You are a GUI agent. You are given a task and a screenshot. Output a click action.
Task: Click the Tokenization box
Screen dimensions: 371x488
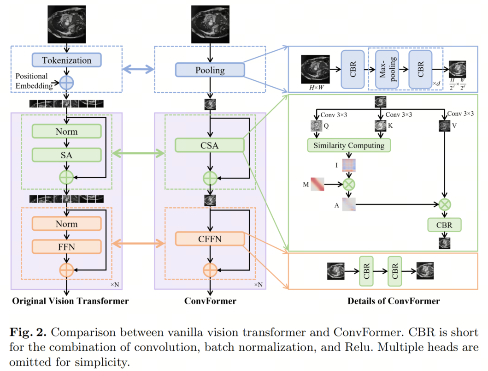pos(67,60)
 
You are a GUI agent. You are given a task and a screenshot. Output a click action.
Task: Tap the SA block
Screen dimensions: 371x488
pos(67,155)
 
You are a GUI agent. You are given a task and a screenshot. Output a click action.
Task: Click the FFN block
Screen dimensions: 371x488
pos(67,247)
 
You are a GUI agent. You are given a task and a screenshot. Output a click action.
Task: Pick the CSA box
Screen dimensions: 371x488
pos(210,146)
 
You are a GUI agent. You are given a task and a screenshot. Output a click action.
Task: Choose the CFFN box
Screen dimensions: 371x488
pos(210,239)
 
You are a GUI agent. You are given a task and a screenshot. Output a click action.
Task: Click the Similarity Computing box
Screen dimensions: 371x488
pos(349,145)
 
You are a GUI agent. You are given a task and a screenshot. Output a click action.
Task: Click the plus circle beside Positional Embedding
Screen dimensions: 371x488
pos(67,83)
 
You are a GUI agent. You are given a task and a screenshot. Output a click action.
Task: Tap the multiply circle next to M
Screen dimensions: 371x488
pos(349,185)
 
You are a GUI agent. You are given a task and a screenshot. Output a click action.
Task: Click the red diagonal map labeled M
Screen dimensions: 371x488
pos(317,184)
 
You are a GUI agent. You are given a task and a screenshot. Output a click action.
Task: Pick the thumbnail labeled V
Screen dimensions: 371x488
pos(445,126)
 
